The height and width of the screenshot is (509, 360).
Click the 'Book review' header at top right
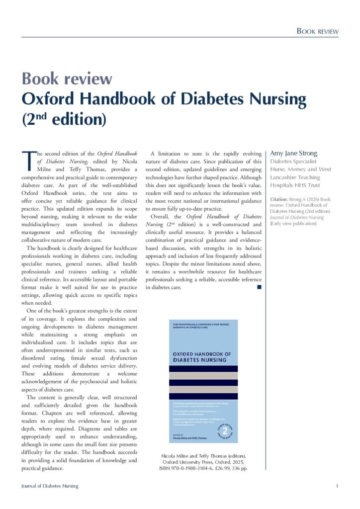click(317, 31)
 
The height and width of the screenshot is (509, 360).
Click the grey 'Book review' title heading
click(67, 79)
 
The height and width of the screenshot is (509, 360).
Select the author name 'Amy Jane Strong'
click(293, 153)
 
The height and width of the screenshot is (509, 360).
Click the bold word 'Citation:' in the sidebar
click(278, 199)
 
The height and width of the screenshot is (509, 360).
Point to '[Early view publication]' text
click(293, 223)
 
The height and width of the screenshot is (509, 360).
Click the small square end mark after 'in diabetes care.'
click(260, 287)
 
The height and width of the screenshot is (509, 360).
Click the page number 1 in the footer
click(337, 486)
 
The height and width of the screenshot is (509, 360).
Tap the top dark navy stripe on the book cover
click(203, 369)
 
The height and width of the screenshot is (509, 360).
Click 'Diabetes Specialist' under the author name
click(293, 162)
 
